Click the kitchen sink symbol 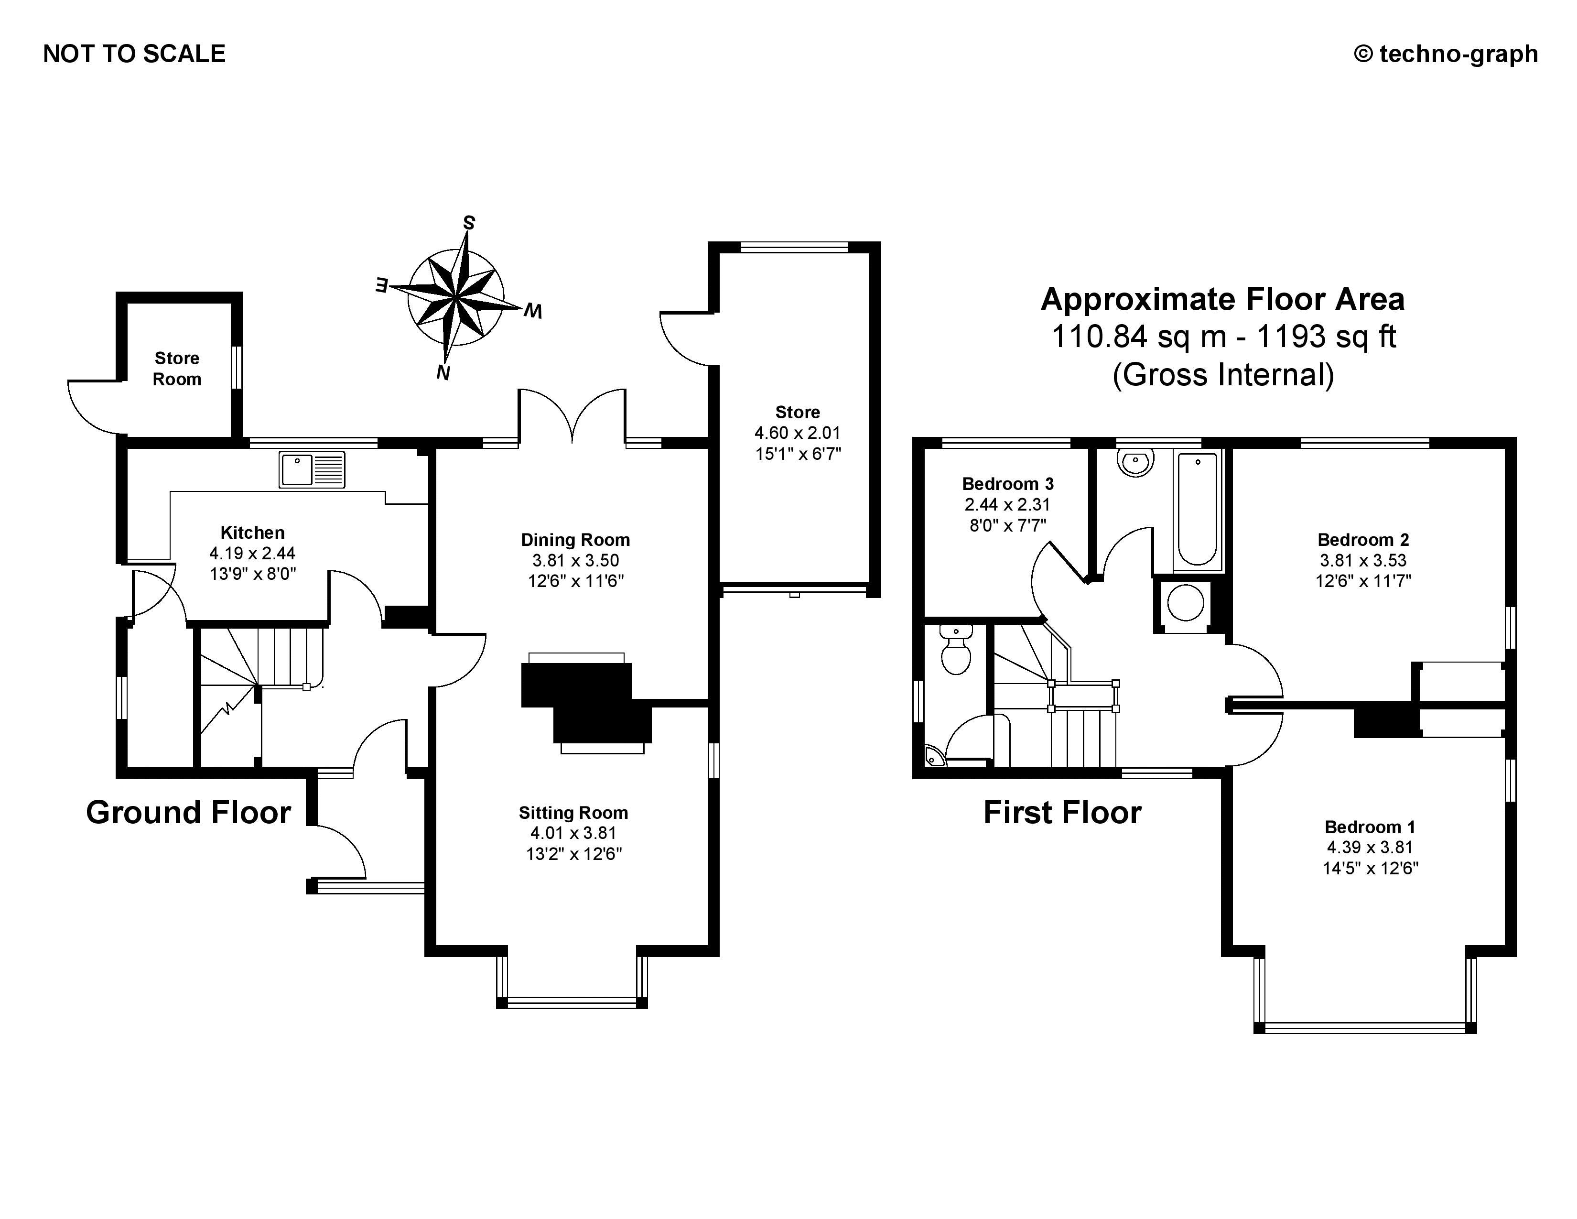pyautogui.click(x=312, y=469)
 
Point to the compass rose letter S pyautogui.click(x=469, y=223)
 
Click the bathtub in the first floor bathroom pyautogui.click(x=1197, y=509)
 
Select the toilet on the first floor pyautogui.click(x=956, y=649)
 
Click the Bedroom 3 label pyautogui.click(x=1008, y=484)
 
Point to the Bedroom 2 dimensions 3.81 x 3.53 pyautogui.click(x=1363, y=560)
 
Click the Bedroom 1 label pyautogui.click(x=1370, y=827)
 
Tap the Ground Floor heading pyautogui.click(x=188, y=812)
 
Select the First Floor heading pyautogui.click(x=1062, y=812)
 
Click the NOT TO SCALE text pyautogui.click(x=134, y=54)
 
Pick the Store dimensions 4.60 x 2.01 pyautogui.click(x=798, y=433)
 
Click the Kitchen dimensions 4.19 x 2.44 pyautogui.click(x=253, y=553)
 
